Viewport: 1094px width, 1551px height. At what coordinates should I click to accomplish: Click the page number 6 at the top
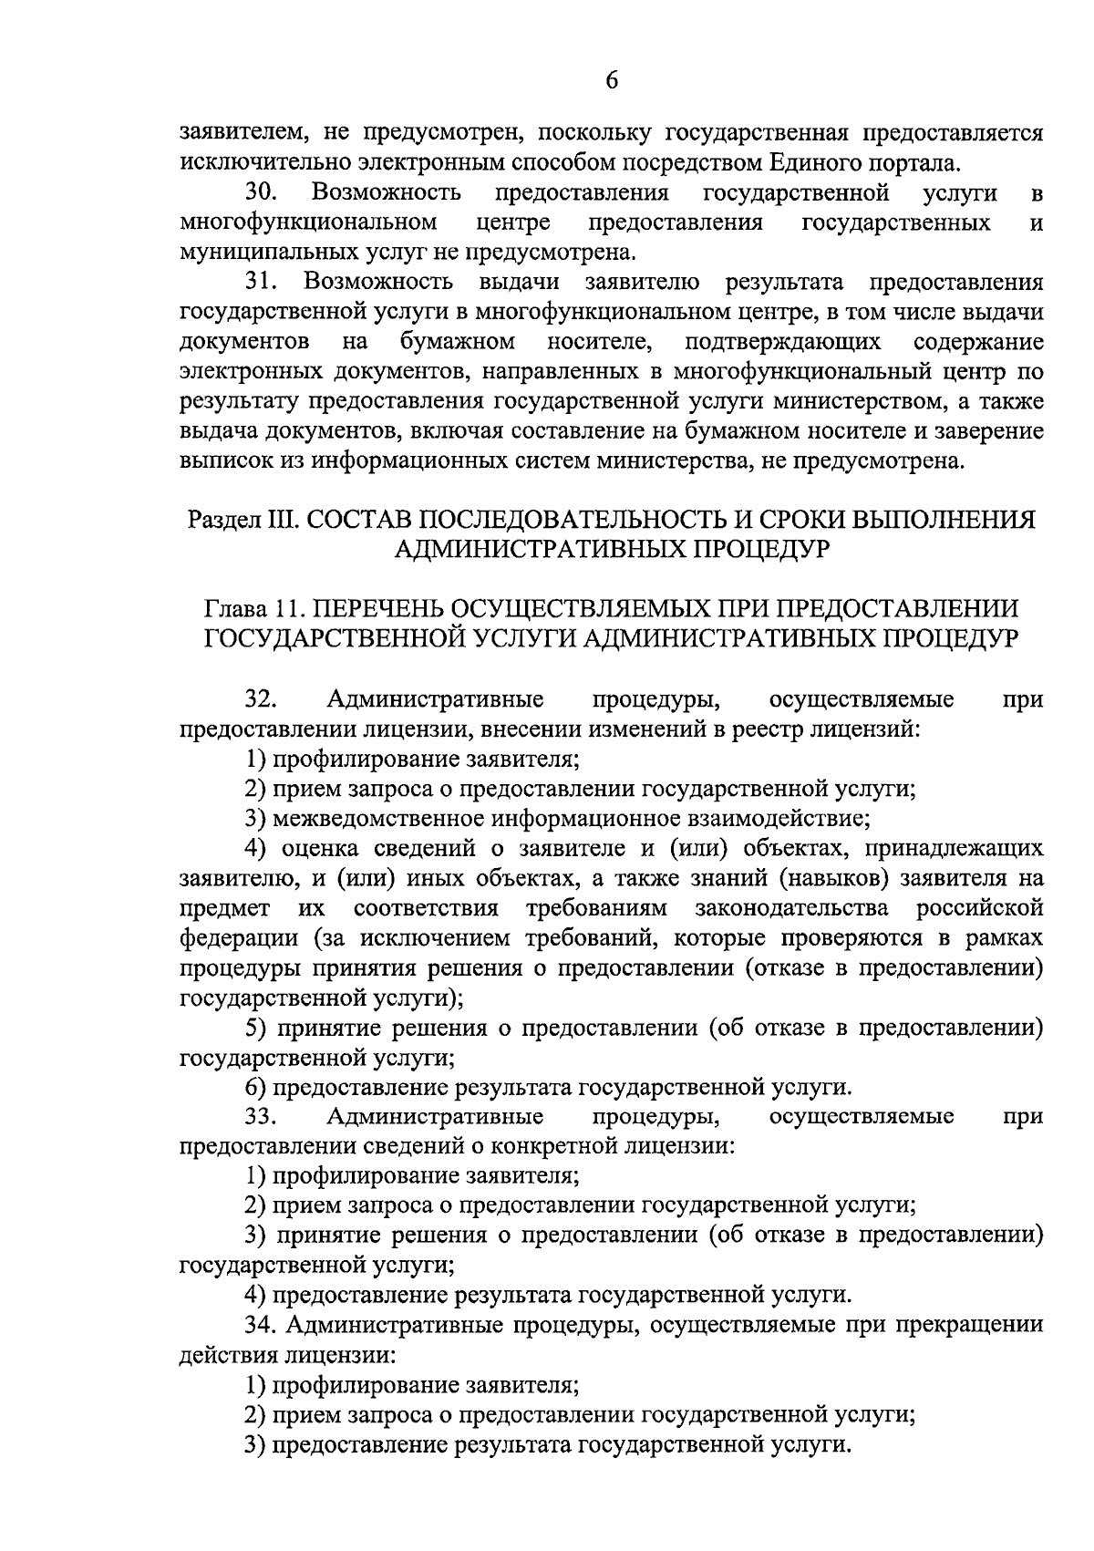612,80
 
